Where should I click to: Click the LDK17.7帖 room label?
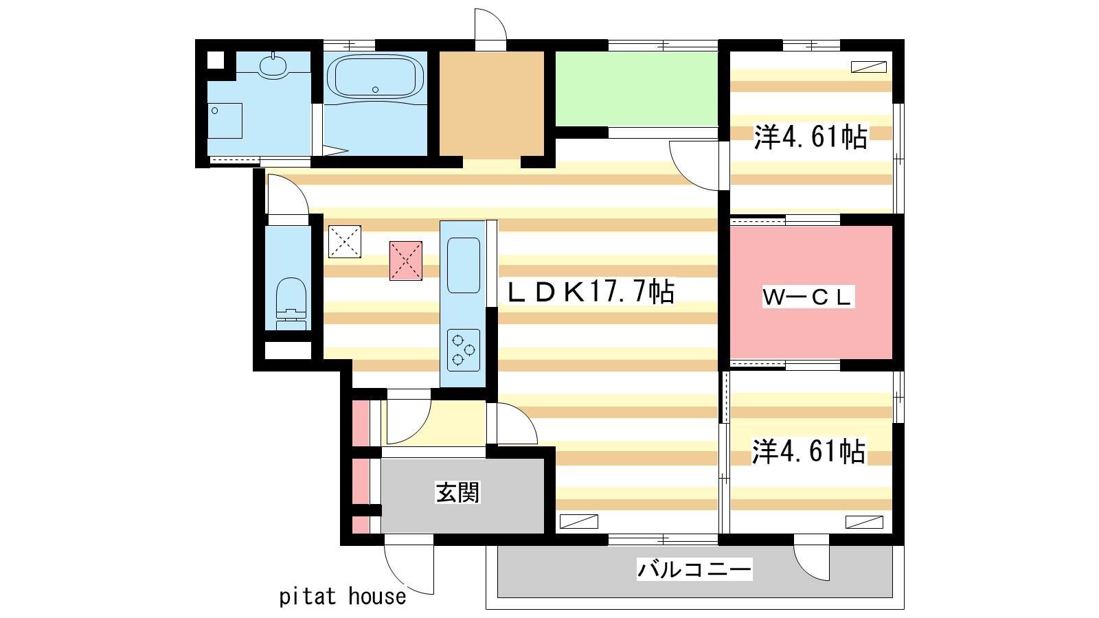(x=591, y=293)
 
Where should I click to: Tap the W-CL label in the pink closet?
(x=808, y=297)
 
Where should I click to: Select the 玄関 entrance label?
(x=457, y=492)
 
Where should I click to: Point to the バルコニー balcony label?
(x=694, y=569)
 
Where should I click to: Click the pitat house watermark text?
(x=343, y=597)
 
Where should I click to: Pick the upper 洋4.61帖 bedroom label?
(x=811, y=137)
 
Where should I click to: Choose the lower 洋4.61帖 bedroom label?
(x=808, y=451)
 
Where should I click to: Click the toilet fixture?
(x=291, y=304)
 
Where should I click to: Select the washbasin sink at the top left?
(x=273, y=65)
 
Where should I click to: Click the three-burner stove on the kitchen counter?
(x=463, y=350)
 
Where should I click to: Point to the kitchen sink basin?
(x=463, y=265)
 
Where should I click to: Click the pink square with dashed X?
(x=406, y=261)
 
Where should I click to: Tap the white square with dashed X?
(x=344, y=241)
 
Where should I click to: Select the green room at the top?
(x=636, y=89)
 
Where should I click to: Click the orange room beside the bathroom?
(x=492, y=104)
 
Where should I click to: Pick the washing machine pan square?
(x=225, y=121)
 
